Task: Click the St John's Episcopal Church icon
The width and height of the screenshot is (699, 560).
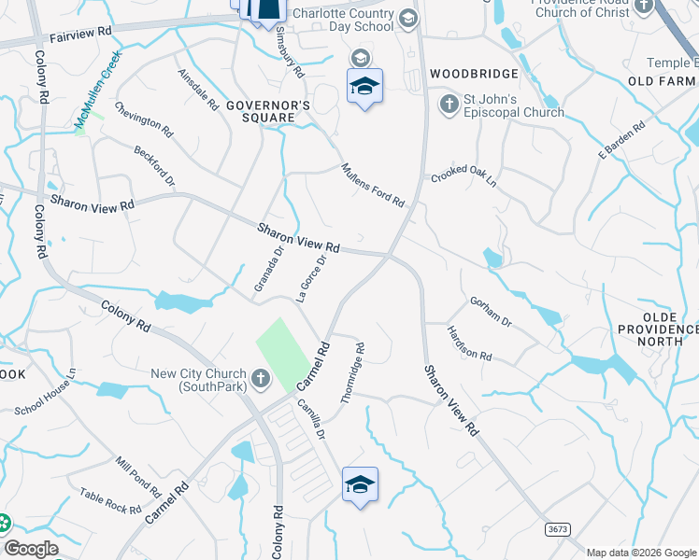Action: coord(449,104)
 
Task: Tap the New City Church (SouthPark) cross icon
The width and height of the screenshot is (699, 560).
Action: coord(260,380)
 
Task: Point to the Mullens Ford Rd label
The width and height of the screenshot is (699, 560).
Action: coord(372,185)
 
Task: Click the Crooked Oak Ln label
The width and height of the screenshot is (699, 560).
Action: coord(464,177)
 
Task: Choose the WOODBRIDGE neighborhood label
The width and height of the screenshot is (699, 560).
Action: coord(474,73)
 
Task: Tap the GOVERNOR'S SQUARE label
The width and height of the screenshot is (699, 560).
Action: coord(267,112)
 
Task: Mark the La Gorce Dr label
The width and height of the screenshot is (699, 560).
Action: coord(310,278)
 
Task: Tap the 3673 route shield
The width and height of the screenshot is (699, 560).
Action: coord(558,529)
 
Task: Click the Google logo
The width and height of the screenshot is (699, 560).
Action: coord(31,549)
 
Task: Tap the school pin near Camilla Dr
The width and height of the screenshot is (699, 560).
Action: coord(360,484)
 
